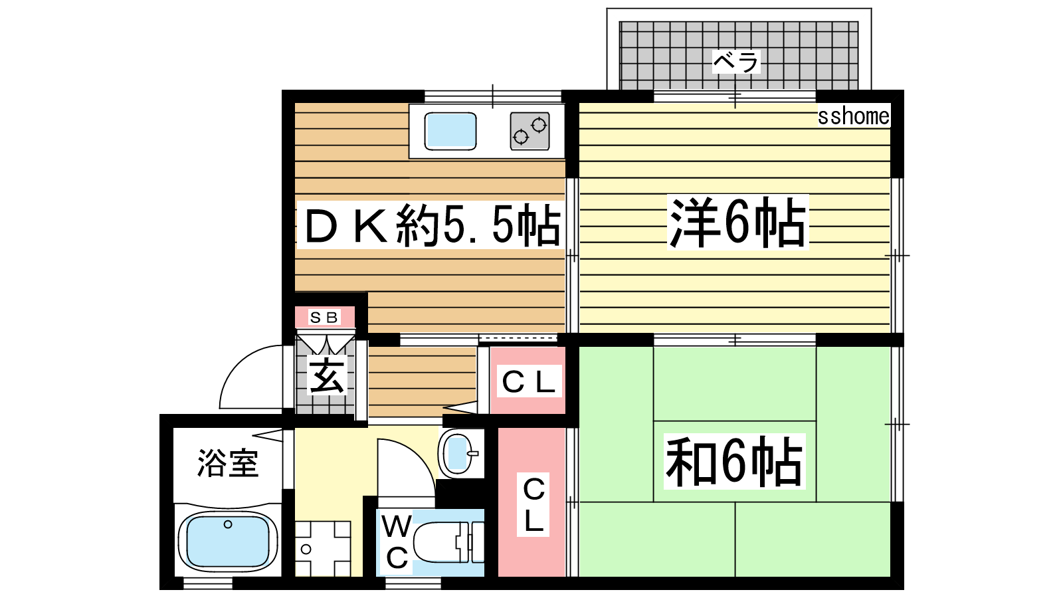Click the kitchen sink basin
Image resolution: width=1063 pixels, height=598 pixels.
coord(450,131)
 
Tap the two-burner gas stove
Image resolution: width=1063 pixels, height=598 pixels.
coord(530,131)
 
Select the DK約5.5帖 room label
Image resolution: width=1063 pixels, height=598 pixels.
coord(431,225)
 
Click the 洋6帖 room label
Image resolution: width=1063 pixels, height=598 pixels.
coord(737,222)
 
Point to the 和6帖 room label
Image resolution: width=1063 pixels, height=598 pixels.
coord(734,461)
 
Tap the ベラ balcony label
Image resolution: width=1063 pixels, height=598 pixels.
coord(736,62)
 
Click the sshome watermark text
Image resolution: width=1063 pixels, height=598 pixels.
coord(853,116)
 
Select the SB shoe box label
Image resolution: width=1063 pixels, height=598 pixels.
coord(324,317)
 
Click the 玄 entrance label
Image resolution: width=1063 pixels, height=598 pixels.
coord(326,375)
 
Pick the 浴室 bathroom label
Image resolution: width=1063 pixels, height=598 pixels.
coord(228,462)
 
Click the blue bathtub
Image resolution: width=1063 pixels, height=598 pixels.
coord(228,542)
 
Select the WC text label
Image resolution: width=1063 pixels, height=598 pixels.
coord(397,542)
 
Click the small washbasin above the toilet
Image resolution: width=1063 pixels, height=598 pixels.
coord(458,453)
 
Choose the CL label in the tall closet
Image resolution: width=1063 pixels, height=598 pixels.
coord(533,504)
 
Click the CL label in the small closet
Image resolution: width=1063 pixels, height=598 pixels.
coord(529,381)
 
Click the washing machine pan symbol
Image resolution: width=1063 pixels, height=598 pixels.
coord(323,549)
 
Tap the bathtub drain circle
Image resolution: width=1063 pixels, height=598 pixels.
coord(228,524)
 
